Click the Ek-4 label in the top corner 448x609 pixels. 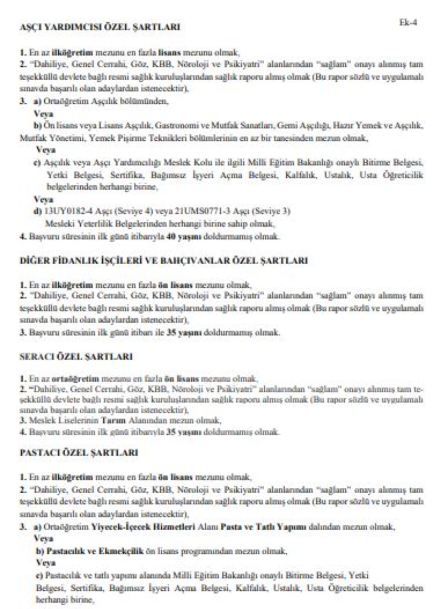(408, 23)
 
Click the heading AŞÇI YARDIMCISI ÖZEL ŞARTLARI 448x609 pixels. (100, 27)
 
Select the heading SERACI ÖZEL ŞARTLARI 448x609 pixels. (76, 357)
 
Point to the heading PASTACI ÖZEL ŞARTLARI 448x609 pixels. (79, 453)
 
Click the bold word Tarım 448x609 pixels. (113, 421)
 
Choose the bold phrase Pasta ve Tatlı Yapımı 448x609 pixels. (263, 527)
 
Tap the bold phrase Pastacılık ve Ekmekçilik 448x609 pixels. (95, 551)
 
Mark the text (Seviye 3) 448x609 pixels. (271, 211)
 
